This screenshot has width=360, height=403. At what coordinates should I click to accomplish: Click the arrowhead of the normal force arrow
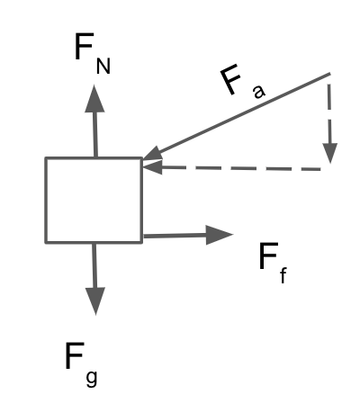pos(94,98)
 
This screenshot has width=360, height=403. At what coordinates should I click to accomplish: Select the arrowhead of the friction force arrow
pos(220,235)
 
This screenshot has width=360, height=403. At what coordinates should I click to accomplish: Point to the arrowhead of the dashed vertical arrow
pos(330,153)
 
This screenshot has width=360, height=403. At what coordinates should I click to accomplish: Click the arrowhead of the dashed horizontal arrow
pos(153,166)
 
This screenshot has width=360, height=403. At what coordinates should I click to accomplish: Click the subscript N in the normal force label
pos(103,66)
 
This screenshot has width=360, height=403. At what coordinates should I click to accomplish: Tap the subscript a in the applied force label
pos(259,91)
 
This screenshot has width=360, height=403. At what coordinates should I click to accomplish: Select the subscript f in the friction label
pos(283,275)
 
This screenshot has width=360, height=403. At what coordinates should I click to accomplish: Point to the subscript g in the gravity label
pos(92,378)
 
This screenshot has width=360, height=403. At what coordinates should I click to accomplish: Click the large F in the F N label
pos(83,47)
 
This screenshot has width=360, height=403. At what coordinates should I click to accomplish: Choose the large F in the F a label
pos(230,80)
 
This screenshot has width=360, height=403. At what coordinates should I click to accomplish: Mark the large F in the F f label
pos(268,256)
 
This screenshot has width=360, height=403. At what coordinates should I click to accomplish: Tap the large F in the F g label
pos(74,355)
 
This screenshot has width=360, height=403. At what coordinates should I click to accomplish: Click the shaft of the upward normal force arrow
pos(95,134)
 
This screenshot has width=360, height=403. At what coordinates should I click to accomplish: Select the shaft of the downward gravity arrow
pos(94,265)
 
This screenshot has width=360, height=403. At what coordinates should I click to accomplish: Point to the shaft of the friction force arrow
pos(175,236)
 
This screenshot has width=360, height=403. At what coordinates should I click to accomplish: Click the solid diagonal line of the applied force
pos(237,115)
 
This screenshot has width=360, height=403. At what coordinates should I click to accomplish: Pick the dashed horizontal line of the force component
pos(241,168)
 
